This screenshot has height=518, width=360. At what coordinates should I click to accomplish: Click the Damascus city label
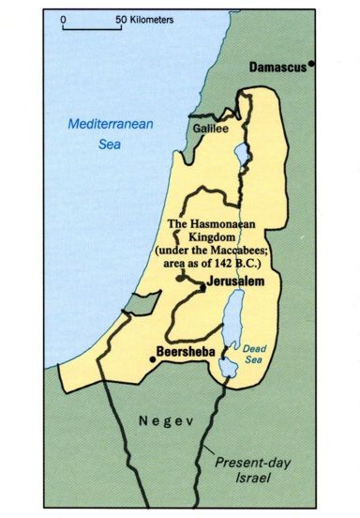click(279, 68)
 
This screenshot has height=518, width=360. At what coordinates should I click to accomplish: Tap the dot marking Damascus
click(312, 65)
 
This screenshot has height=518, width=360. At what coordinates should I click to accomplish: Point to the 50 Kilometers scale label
click(144, 19)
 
